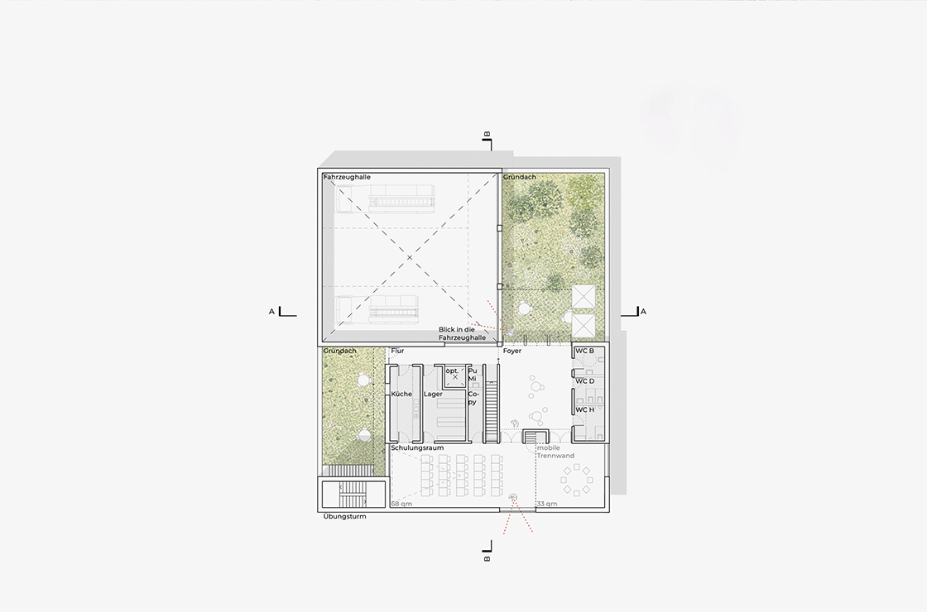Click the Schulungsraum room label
point(417,448)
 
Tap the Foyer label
point(512,351)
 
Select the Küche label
point(401,394)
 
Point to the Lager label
point(433,394)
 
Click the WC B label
point(584,351)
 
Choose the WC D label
point(584,381)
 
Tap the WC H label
point(584,409)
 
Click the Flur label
point(397,351)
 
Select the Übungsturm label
point(344,516)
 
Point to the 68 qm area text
point(401,504)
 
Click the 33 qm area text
point(547,504)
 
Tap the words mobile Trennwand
point(555,452)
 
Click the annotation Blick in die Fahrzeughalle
point(462,334)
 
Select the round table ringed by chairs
point(576,481)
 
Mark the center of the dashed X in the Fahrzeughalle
point(409,257)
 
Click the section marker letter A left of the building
point(272,311)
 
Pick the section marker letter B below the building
point(488,558)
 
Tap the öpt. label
point(452,371)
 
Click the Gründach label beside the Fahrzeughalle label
point(520,177)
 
